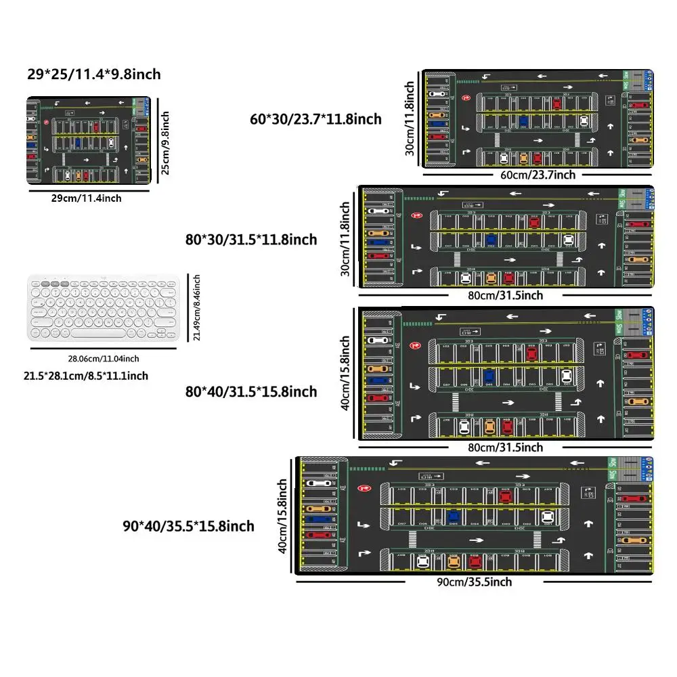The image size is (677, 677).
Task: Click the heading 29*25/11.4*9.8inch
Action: click(x=94, y=74)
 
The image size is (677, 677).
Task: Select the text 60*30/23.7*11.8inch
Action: click(x=316, y=119)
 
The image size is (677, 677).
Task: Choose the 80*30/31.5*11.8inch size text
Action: click(x=251, y=239)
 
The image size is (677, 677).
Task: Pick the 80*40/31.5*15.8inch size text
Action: click(x=251, y=391)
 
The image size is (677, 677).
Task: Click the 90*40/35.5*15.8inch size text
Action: click(x=188, y=526)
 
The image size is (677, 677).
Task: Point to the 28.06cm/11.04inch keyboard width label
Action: click(x=104, y=358)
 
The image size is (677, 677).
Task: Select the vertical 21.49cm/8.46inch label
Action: click(x=197, y=308)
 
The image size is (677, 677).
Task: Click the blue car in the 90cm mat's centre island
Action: click(x=454, y=517)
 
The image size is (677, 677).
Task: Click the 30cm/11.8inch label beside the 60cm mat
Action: click(x=410, y=119)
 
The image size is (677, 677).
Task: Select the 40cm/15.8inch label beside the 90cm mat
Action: click(x=284, y=517)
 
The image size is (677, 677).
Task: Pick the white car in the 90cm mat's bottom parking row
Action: click(x=423, y=561)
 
